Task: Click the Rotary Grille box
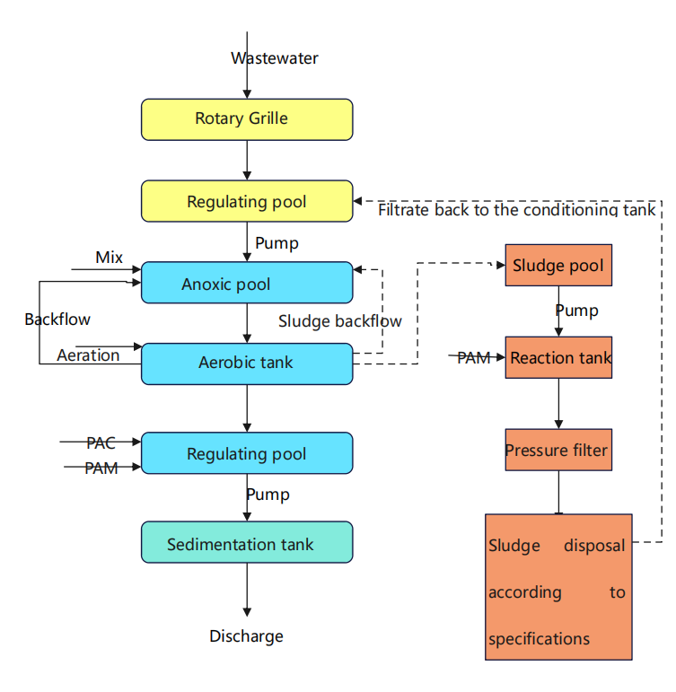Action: pyautogui.click(x=247, y=119)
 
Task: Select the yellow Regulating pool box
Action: pyautogui.click(x=247, y=201)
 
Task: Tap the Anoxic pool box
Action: pyautogui.click(x=247, y=283)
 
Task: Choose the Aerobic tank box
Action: pyautogui.click(x=247, y=364)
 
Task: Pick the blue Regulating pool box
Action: pyautogui.click(x=247, y=453)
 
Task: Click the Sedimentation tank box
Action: pyautogui.click(x=247, y=542)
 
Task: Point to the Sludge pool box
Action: pyautogui.click(x=558, y=266)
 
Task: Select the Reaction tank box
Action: pyautogui.click(x=558, y=358)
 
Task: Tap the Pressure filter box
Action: pyautogui.click(x=558, y=450)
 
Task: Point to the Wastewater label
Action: pyautogui.click(x=275, y=58)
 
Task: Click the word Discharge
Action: pyautogui.click(x=247, y=636)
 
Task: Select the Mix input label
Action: pyautogui.click(x=110, y=258)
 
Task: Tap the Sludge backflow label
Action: pyautogui.click(x=340, y=320)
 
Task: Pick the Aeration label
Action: pyautogui.click(x=88, y=355)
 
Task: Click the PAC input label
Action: pyautogui.click(x=101, y=442)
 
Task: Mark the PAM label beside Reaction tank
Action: pyautogui.click(x=473, y=358)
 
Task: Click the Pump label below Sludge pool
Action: pyautogui.click(x=576, y=311)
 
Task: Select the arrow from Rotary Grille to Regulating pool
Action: pyautogui.click(x=247, y=160)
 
